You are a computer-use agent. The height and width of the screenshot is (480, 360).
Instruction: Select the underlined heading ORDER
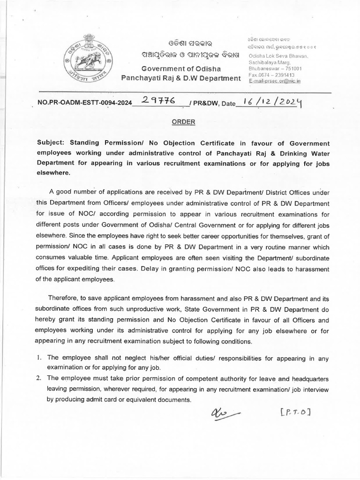180,121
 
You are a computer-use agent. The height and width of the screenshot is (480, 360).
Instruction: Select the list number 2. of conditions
39,378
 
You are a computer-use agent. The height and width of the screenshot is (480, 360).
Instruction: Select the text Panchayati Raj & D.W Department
180,78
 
